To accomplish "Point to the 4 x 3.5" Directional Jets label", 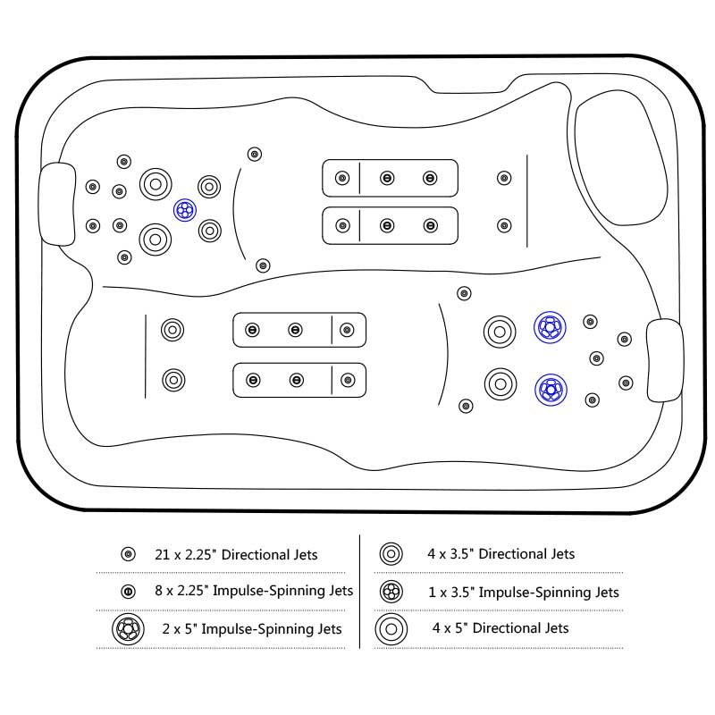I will [500, 554].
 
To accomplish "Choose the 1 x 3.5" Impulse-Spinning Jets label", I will [524, 592].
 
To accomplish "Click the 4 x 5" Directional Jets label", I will [500, 628].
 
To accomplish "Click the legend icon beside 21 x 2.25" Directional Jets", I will [128, 555].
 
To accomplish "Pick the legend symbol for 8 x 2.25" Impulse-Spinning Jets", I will [128, 591].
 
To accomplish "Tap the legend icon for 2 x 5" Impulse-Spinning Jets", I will [128, 628].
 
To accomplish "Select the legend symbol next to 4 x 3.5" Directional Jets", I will [391, 554].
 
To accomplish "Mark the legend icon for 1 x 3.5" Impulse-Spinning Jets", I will [391, 592].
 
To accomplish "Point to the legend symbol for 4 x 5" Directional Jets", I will [391, 628].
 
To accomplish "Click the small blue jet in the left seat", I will [184, 211].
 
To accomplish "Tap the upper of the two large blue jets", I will [550, 328].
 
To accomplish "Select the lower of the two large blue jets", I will [550, 389].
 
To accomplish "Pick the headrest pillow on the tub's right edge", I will [664, 360].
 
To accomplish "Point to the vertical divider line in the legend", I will [360, 590].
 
